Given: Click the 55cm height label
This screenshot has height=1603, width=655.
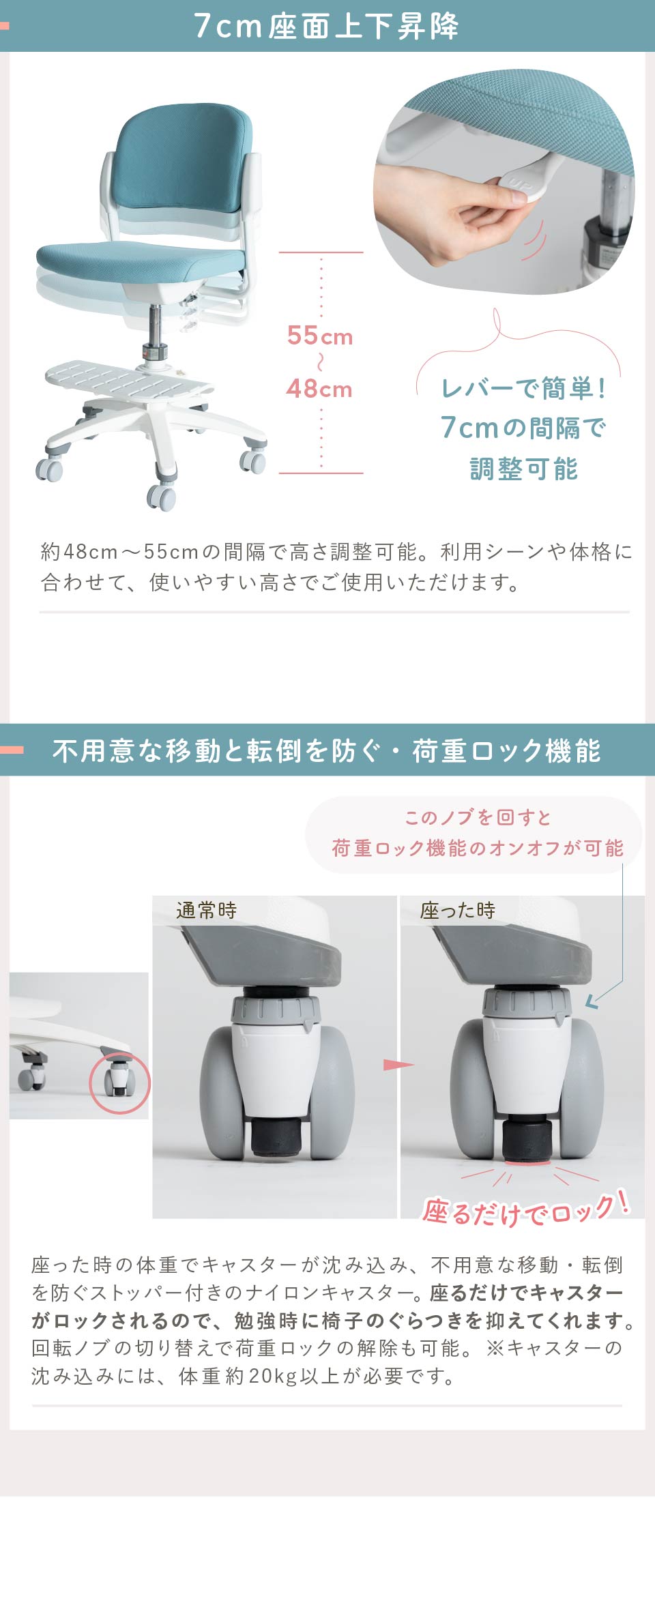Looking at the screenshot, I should click(x=319, y=336).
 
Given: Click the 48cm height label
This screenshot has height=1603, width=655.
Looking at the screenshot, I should click(x=319, y=389).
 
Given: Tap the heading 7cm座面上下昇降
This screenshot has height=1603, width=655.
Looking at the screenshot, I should click(x=326, y=26).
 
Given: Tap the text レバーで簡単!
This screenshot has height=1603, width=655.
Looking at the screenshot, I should click(x=523, y=388).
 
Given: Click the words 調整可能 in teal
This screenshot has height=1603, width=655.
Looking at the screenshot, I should click(x=523, y=469).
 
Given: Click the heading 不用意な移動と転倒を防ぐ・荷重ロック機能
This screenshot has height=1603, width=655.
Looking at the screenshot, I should click(x=326, y=750).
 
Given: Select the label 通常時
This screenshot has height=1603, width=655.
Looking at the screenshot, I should click(x=206, y=910).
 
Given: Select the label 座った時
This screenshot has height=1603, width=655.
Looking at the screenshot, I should click(x=457, y=910).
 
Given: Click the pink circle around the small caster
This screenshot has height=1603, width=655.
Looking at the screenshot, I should click(x=119, y=1083).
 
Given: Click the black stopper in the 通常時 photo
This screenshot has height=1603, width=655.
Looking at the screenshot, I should click(x=276, y=1136).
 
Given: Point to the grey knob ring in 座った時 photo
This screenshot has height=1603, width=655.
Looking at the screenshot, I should click(x=525, y=1002).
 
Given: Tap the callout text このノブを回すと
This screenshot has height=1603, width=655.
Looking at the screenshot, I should click(x=478, y=817).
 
